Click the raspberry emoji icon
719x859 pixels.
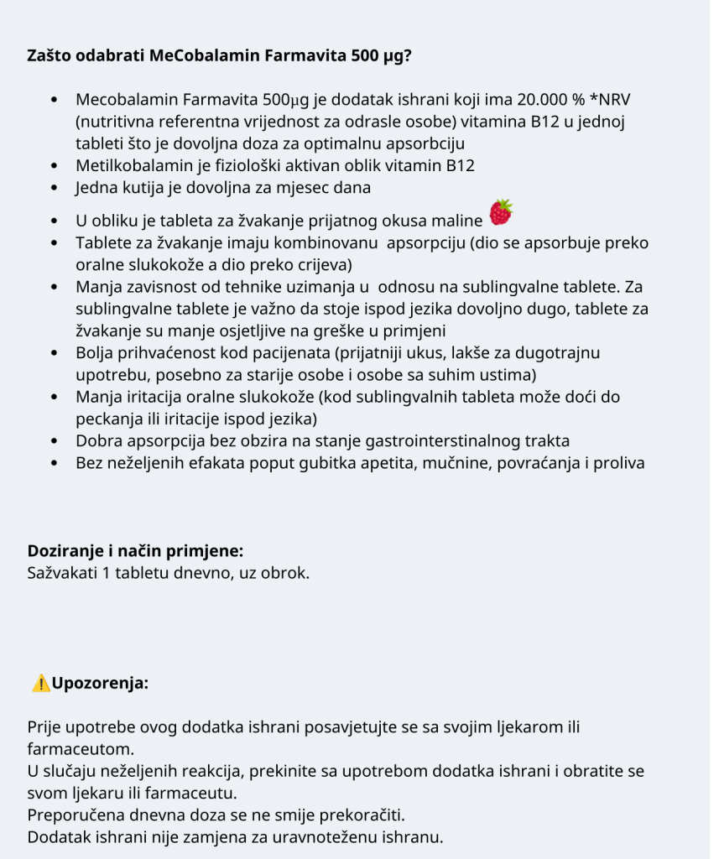coord(501,212)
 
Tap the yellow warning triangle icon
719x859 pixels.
coord(40,683)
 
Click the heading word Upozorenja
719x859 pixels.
coord(101,683)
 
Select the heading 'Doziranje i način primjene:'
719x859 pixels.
coord(136,551)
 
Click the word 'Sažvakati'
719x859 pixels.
coord(63,575)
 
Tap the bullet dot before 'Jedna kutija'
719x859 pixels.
coord(55,188)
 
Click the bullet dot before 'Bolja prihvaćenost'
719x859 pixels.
coord(55,352)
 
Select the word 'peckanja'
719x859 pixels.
coord(107,418)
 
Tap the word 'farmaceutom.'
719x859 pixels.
coord(81,747)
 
